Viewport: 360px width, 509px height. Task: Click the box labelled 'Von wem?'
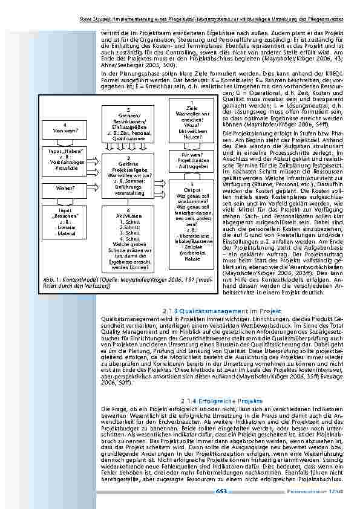coord(64,128)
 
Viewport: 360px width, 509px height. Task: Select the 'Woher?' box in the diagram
coord(64,188)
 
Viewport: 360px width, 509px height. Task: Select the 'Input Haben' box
coord(64,159)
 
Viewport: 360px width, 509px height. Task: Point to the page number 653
coord(220,491)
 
